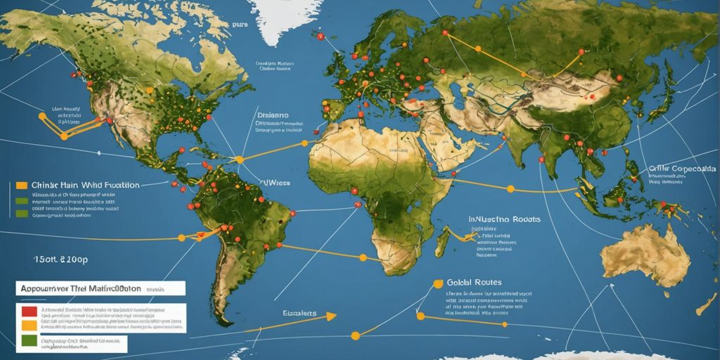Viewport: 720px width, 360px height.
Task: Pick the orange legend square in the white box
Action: (x=28, y=326)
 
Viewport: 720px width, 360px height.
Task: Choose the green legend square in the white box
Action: (x=28, y=342)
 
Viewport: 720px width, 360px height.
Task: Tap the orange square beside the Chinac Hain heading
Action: (x=21, y=186)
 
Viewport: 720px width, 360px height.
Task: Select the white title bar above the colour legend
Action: (x=98, y=288)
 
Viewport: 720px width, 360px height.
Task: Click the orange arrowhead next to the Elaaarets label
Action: (x=328, y=316)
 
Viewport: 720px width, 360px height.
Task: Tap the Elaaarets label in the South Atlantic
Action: (x=299, y=313)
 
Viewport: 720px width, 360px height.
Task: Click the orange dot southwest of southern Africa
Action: (x=355, y=335)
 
